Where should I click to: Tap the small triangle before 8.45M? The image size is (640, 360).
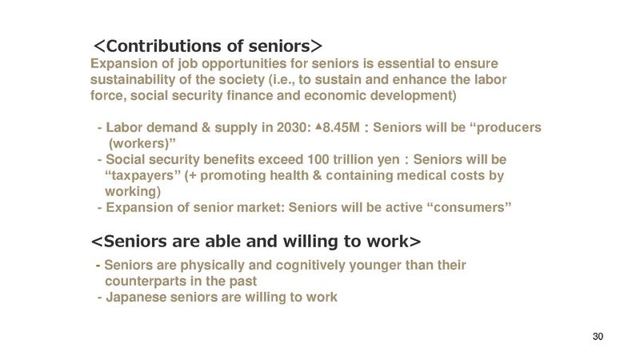pyautogui.click(x=318, y=126)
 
